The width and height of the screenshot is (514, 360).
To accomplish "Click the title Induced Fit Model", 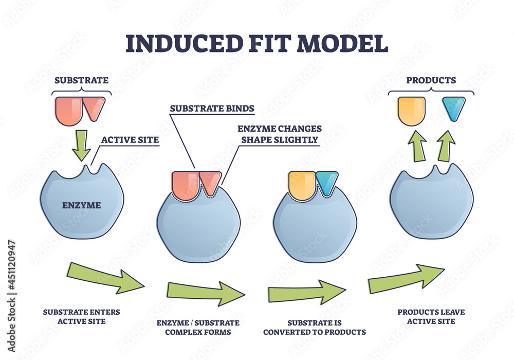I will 256,43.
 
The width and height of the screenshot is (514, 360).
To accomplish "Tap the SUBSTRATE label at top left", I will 82,80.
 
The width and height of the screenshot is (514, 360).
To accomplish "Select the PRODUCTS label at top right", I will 431,80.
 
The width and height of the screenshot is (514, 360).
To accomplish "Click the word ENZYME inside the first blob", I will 82,205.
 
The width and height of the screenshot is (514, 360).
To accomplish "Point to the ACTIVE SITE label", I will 130,139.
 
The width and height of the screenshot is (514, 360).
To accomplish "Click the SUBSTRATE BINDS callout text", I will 212,109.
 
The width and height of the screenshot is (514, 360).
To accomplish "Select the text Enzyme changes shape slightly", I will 280,134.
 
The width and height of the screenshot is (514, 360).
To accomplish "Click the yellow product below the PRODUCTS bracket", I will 411,110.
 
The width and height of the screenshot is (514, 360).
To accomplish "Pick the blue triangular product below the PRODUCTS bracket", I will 453,108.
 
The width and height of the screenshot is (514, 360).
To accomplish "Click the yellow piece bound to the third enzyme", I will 302,185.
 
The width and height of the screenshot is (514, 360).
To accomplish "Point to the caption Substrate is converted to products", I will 314,327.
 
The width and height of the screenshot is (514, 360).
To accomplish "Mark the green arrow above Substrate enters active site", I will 105,278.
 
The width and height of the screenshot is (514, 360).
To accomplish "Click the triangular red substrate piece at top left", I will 94,108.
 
